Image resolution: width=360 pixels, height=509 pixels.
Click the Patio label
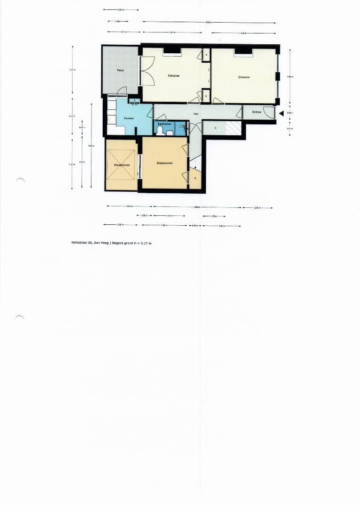121,70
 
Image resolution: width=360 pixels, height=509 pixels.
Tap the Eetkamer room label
173,75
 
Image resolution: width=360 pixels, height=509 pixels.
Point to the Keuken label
129,118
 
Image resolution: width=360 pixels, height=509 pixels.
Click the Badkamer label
164,124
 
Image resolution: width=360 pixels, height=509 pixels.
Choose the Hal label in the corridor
196,114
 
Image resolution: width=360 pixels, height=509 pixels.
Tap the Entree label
257,112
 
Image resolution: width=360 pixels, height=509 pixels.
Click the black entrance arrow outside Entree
281,113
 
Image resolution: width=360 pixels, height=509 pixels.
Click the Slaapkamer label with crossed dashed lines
122,165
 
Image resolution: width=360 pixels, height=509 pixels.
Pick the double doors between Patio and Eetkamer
147,71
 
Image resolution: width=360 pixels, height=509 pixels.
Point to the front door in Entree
270,113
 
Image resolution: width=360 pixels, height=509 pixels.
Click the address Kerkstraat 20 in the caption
90,243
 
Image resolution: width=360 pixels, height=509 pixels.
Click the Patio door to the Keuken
122,91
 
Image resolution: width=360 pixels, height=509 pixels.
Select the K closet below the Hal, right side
216,128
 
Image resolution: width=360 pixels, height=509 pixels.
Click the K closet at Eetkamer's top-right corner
206,55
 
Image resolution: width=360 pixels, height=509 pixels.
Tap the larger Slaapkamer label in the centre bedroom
164,163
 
